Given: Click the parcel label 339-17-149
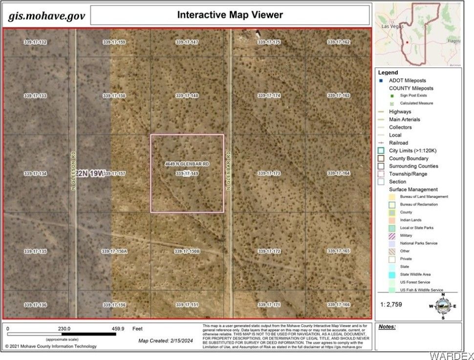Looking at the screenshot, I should pyautogui.click(x=187, y=173).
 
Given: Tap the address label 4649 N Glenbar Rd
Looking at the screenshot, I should pyautogui.click(x=187, y=164).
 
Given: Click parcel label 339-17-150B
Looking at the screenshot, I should pyautogui.click(x=187, y=252).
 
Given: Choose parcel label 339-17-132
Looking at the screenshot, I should pyautogui.click(x=35, y=42).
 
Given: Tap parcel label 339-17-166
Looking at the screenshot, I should pyautogui.click(x=339, y=305).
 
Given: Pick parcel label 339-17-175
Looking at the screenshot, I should pyautogui.click(x=269, y=42).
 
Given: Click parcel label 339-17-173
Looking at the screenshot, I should pyautogui.click(x=269, y=173).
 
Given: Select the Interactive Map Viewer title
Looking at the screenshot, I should pyautogui.click(x=230, y=15).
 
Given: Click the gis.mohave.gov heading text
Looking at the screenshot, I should pyautogui.click(x=47, y=16).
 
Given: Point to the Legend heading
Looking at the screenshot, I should pyautogui.click(x=388, y=72).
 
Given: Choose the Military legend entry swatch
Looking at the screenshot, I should pyautogui.click(x=392, y=235).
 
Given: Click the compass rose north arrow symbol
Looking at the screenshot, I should pyautogui.click(x=442, y=306).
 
